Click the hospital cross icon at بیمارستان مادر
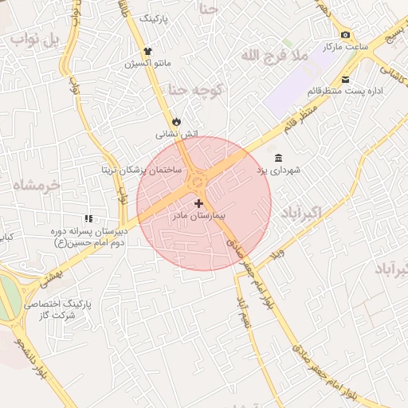tap(198, 204)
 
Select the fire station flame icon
tap(176, 121)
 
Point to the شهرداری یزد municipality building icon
tap(277, 158)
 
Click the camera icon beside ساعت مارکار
tap(345, 34)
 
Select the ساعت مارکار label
tap(345, 47)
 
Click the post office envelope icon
tap(345, 79)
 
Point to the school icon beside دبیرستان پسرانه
tap(88, 218)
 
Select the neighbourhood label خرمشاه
tap(37, 185)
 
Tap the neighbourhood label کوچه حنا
tap(201, 90)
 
